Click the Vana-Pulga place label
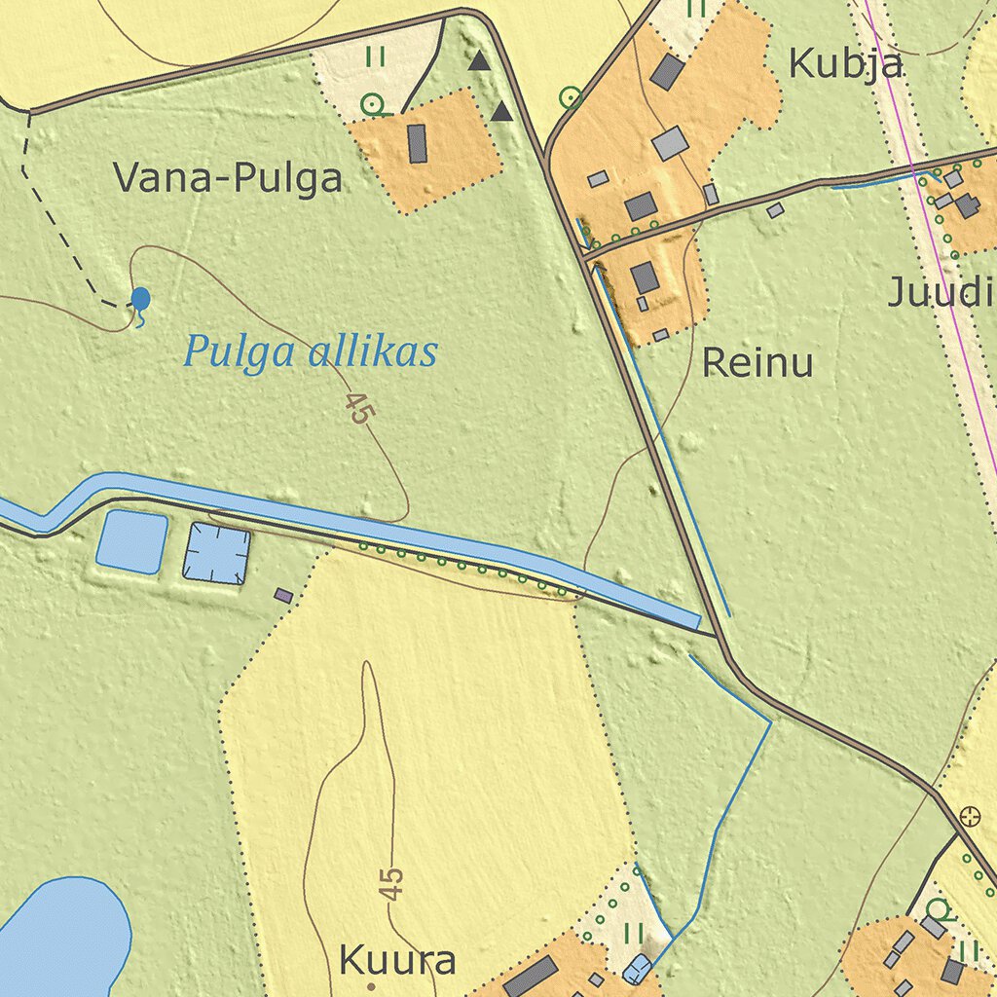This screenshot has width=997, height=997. pos(227,179)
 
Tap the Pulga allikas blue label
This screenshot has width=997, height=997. pos(311,352)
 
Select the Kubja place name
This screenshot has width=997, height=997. pos(845,64)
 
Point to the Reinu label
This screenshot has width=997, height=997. pos(757,364)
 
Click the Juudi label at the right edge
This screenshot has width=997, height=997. pos(941,292)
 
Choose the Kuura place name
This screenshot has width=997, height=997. pos(397,962)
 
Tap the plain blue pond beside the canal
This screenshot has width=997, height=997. pos(131,541)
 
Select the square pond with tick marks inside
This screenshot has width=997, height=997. pos(217,553)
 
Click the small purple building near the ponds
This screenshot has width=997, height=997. pos(283,594)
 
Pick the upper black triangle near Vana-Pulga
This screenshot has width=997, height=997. pos(478,62)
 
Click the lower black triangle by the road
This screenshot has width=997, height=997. pos(501,112)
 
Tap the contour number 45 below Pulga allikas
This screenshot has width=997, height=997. pos(359,409)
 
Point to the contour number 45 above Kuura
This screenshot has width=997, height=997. pos(390,884)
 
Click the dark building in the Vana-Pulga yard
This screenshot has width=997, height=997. pos(418,143)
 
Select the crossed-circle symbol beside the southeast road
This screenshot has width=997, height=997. pos(970,816)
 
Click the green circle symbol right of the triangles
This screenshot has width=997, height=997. pos(571,96)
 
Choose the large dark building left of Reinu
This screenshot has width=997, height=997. pos(645,277)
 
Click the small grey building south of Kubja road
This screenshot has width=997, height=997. pos(775,209)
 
